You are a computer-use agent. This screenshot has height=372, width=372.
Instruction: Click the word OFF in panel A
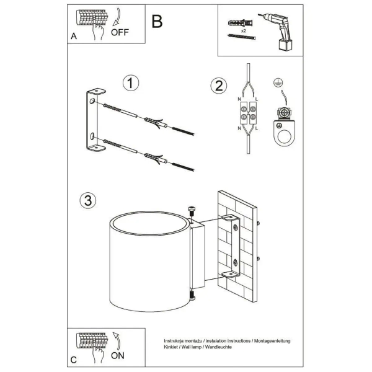click(120, 32)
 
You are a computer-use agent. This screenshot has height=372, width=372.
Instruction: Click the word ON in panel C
click(118, 356)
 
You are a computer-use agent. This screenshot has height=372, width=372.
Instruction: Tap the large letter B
click(157, 22)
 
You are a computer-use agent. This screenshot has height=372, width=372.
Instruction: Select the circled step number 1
click(131, 83)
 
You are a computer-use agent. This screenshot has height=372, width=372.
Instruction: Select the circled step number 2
click(219, 86)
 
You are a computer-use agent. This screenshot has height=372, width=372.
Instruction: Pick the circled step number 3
click(88, 201)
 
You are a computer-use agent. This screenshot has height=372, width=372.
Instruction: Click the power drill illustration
click(277, 32)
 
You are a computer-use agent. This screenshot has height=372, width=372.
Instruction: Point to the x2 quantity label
click(244, 31)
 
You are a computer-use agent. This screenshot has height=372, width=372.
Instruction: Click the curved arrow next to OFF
click(117, 17)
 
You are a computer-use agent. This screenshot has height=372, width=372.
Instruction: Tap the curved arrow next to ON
click(117, 340)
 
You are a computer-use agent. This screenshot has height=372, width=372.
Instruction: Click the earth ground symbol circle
click(278, 83)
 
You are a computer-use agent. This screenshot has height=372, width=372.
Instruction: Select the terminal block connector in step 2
click(248, 113)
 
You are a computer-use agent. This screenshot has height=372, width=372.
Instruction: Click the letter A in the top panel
click(74, 37)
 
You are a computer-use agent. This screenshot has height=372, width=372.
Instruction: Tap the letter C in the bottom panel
click(74, 360)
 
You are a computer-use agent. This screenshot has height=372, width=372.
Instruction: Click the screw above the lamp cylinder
click(192, 211)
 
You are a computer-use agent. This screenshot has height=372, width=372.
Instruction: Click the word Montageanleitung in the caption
click(272, 341)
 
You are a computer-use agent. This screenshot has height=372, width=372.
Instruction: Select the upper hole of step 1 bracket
click(92, 101)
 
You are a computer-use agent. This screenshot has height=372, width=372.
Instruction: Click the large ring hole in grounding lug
click(284, 136)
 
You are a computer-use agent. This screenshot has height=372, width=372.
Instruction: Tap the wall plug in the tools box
click(241, 24)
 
